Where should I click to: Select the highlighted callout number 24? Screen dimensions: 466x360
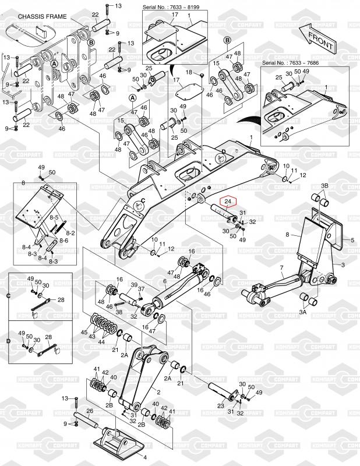(x=228, y=202)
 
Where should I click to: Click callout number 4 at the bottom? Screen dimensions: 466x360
(x=145, y=457)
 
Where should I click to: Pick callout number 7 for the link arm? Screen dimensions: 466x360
(x=282, y=268)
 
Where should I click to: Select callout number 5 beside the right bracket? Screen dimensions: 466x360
(x=352, y=239)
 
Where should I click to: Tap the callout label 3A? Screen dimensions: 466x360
(x=302, y=313)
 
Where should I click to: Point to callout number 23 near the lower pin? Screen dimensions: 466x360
(x=220, y=405)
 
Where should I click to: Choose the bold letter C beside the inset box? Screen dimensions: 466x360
(x=9, y=296)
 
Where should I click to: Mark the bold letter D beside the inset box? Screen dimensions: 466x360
(x=9, y=341)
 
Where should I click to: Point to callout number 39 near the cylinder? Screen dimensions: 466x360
(x=133, y=285)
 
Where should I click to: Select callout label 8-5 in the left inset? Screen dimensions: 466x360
(x=55, y=217)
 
